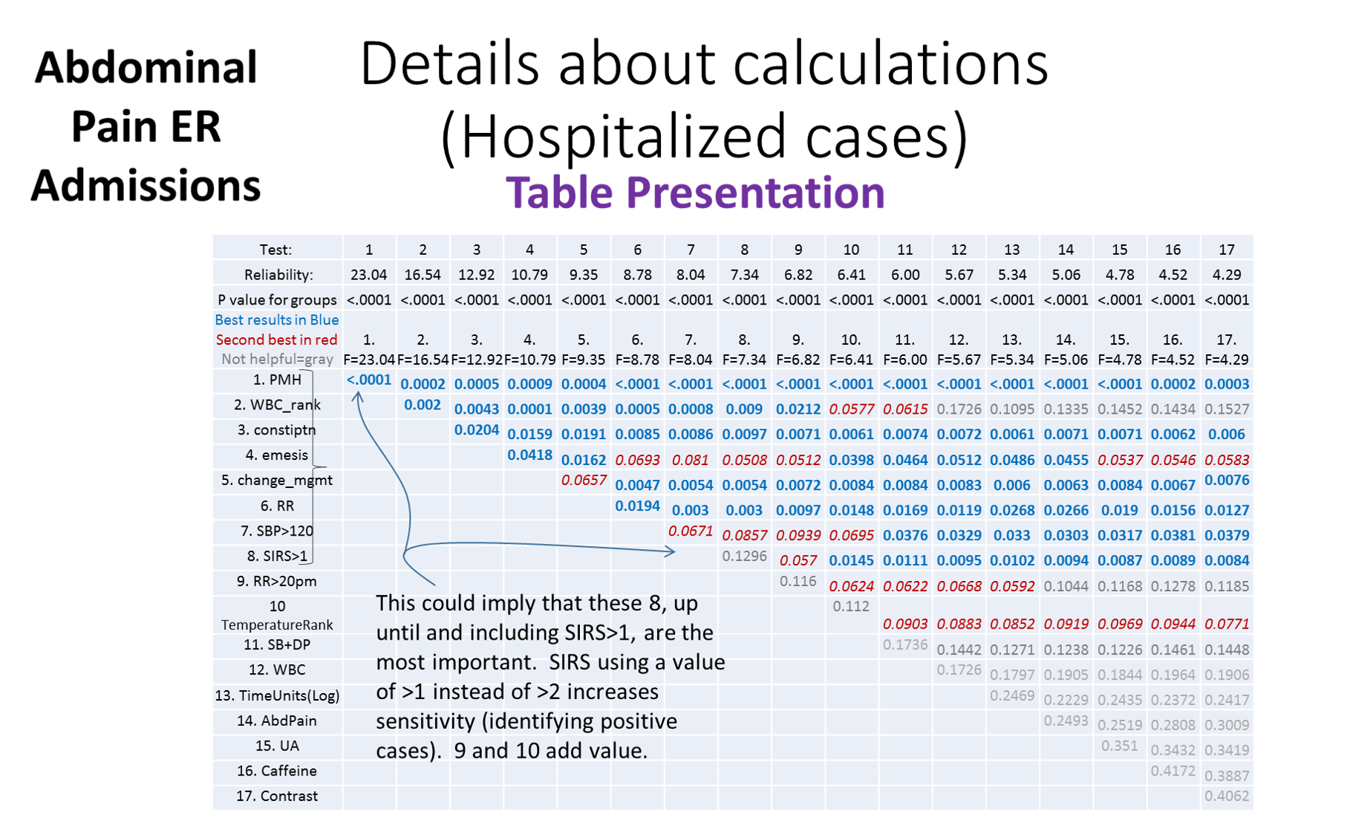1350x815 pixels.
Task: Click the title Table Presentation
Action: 695,192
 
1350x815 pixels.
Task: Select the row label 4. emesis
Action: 276,455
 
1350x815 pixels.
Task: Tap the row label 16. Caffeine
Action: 276,770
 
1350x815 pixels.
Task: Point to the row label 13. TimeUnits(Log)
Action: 276,695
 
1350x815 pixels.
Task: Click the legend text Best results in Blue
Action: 276,319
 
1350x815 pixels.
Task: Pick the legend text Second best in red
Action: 276,340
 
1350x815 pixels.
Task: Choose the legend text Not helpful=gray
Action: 276,359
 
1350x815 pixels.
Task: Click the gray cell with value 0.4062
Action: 1226,795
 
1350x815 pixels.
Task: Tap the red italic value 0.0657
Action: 584,480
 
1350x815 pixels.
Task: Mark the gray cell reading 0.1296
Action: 744,556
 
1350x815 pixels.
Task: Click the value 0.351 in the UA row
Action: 1119,745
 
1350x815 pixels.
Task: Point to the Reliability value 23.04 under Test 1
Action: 368,274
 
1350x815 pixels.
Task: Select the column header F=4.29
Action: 1226,359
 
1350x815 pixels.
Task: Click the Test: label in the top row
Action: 275,250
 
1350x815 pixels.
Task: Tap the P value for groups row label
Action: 276,299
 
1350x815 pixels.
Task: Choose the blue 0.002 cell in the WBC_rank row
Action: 423,404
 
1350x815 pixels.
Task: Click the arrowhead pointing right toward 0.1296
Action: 671,551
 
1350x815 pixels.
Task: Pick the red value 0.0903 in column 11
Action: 904,624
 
